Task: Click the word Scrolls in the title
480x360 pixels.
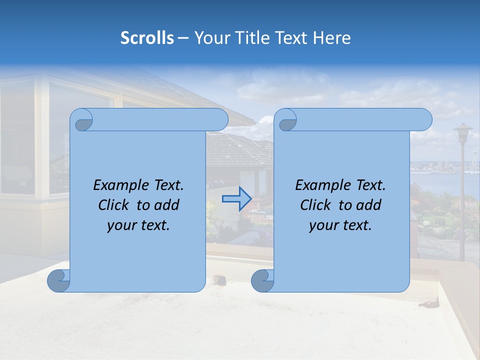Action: pos(147,38)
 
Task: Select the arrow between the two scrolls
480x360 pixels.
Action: pos(236,199)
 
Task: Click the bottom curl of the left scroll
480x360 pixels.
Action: pos(58,280)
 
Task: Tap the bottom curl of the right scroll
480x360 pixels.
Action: pos(262,280)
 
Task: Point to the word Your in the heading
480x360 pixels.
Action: pos(210,38)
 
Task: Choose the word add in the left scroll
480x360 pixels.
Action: pos(167,205)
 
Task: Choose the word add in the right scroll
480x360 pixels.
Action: pos(369,205)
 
